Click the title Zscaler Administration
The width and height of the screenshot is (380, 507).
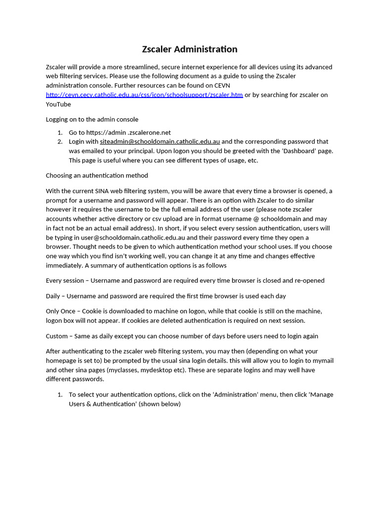[190, 49]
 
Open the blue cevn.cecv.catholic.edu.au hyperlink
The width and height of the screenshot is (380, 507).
[144, 95]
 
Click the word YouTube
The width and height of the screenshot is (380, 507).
[58, 104]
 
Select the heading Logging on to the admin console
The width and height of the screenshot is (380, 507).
[92, 119]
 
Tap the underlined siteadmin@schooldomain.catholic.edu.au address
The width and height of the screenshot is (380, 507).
[160, 142]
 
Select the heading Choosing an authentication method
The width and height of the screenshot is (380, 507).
[97, 175]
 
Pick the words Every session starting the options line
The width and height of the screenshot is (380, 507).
[65, 280]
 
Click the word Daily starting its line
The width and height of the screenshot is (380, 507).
[54, 296]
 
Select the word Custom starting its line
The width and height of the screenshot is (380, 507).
[57, 336]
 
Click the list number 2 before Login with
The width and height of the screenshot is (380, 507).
[59, 142]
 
